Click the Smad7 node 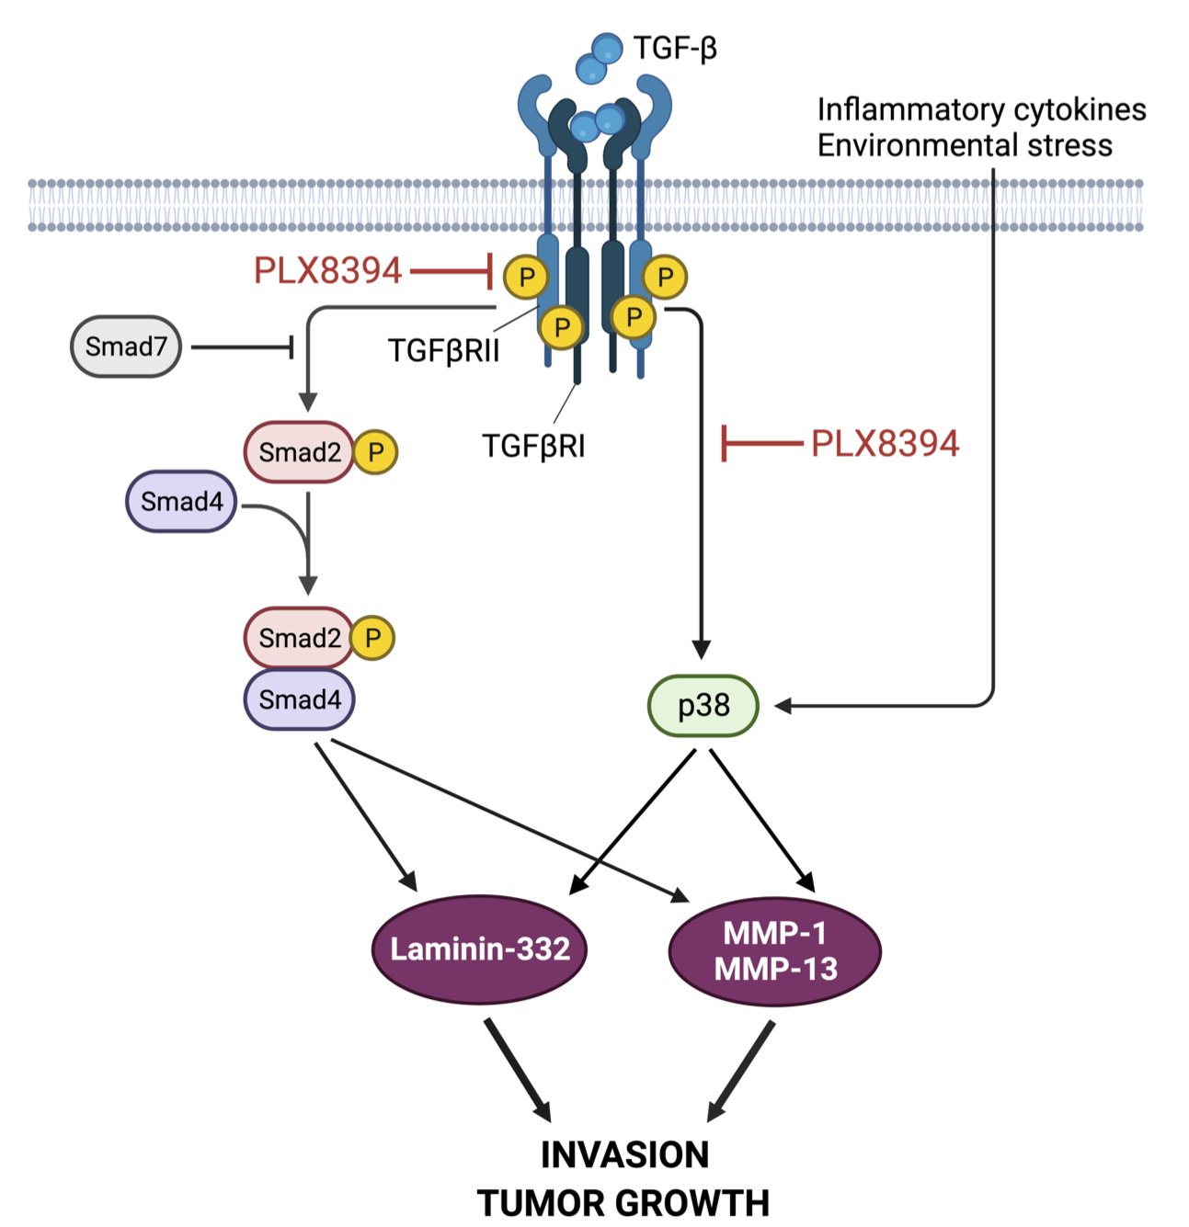pos(126,347)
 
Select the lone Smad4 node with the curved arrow pos(181,502)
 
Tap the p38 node pos(703,706)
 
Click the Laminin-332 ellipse pos(479,949)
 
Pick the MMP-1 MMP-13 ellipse pos(775,951)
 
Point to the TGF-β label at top pos(674,48)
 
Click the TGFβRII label pos(443,351)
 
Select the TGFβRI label pos(533,446)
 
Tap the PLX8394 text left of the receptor pos(327,271)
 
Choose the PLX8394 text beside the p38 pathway pos(885,444)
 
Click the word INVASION pos(624,1155)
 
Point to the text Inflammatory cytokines pos(981,110)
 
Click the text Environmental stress pos(965,145)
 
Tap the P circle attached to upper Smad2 pos(375,452)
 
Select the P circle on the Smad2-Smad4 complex pos(372,638)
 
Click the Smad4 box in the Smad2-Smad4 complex pos(299,700)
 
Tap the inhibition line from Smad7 pos(242,347)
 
